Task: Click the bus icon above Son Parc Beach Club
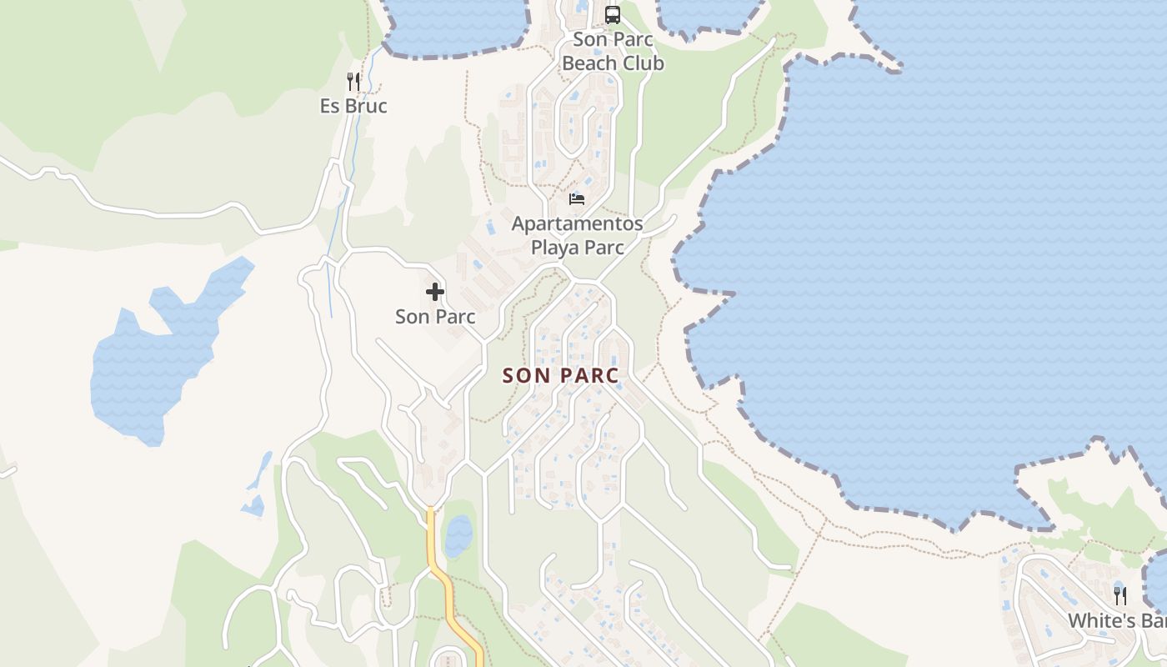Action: (613, 14)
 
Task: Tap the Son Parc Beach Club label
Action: (613, 52)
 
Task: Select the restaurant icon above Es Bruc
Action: (353, 81)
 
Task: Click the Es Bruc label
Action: (353, 107)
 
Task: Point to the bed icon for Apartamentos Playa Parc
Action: (577, 198)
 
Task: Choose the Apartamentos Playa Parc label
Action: (577, 236)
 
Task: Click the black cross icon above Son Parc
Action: (435, 292)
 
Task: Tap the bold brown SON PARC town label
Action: (561, 376)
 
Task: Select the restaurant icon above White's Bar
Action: (1120, 595)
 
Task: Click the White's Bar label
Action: (1117, 621)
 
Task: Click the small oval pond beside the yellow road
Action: (458, 536)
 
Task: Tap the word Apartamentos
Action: (577, 224)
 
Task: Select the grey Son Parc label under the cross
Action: (435, 317)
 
